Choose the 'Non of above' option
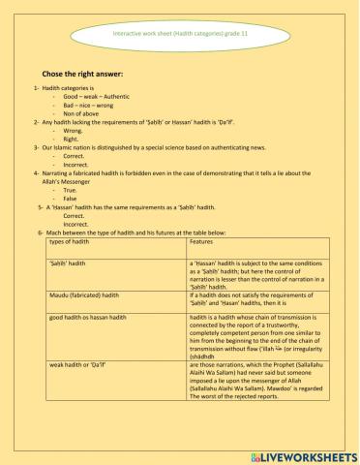(x=81, y=114)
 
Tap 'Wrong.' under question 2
(x=74, y=131)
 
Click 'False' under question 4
(x=71, y=199)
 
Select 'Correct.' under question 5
(x=74, y=216)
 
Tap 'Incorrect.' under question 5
(x=75, y=224)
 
